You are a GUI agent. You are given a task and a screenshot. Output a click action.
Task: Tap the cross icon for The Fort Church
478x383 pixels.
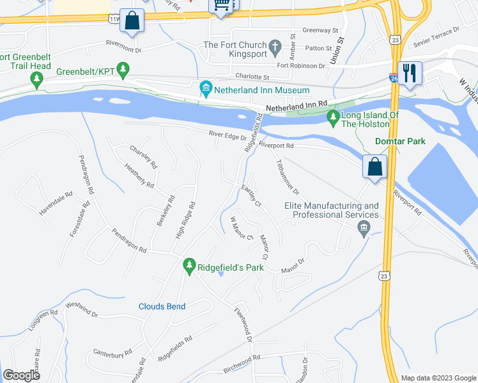[275, 47]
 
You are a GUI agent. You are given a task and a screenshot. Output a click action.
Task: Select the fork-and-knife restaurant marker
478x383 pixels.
[409, 72]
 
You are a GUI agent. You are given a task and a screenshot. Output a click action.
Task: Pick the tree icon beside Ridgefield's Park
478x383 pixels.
[189, 264]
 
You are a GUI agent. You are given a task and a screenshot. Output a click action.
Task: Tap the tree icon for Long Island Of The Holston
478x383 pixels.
[332, 117]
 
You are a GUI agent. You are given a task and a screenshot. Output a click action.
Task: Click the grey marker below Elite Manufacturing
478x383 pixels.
[364, 229]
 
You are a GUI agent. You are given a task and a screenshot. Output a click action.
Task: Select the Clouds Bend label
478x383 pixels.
[162, 306]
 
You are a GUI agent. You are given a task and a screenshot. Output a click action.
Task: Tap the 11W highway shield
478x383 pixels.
[114, 19]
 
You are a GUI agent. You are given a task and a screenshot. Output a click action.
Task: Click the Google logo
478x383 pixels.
[21, 375]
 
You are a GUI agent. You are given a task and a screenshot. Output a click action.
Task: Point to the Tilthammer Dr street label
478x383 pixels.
[287, 177]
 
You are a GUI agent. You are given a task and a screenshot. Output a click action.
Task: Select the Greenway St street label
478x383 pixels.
[320, 30]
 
